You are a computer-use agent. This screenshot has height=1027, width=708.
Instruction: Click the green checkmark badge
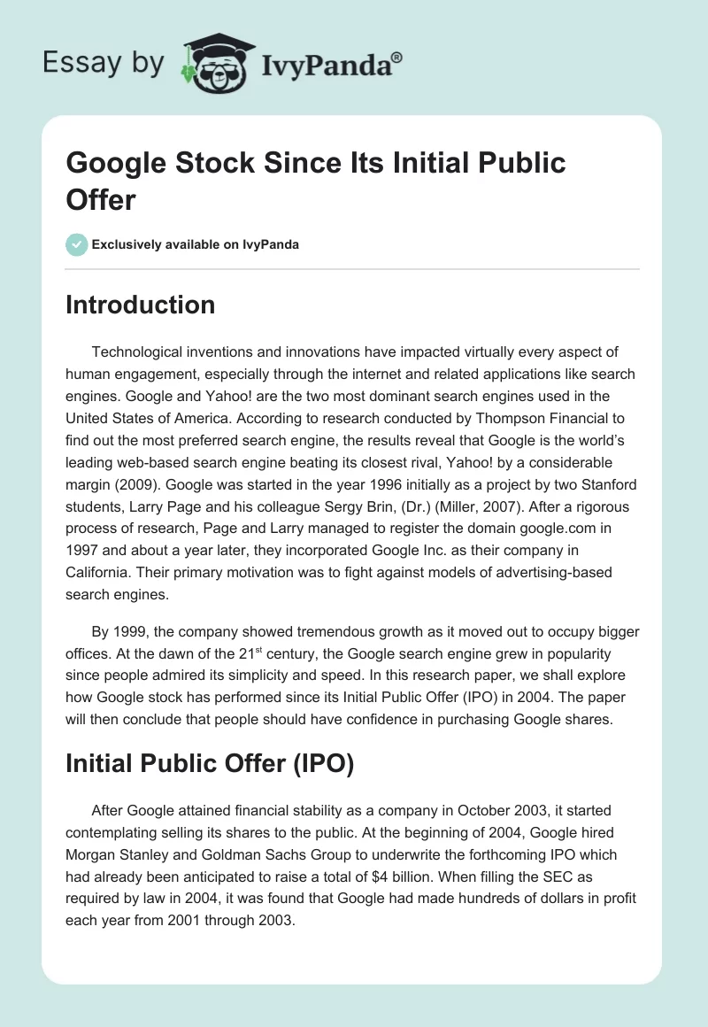pos(76,244)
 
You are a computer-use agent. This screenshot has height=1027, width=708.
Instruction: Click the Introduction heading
pos(140,305)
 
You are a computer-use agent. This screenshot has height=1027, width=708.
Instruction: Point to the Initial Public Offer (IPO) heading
pos(210,762)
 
